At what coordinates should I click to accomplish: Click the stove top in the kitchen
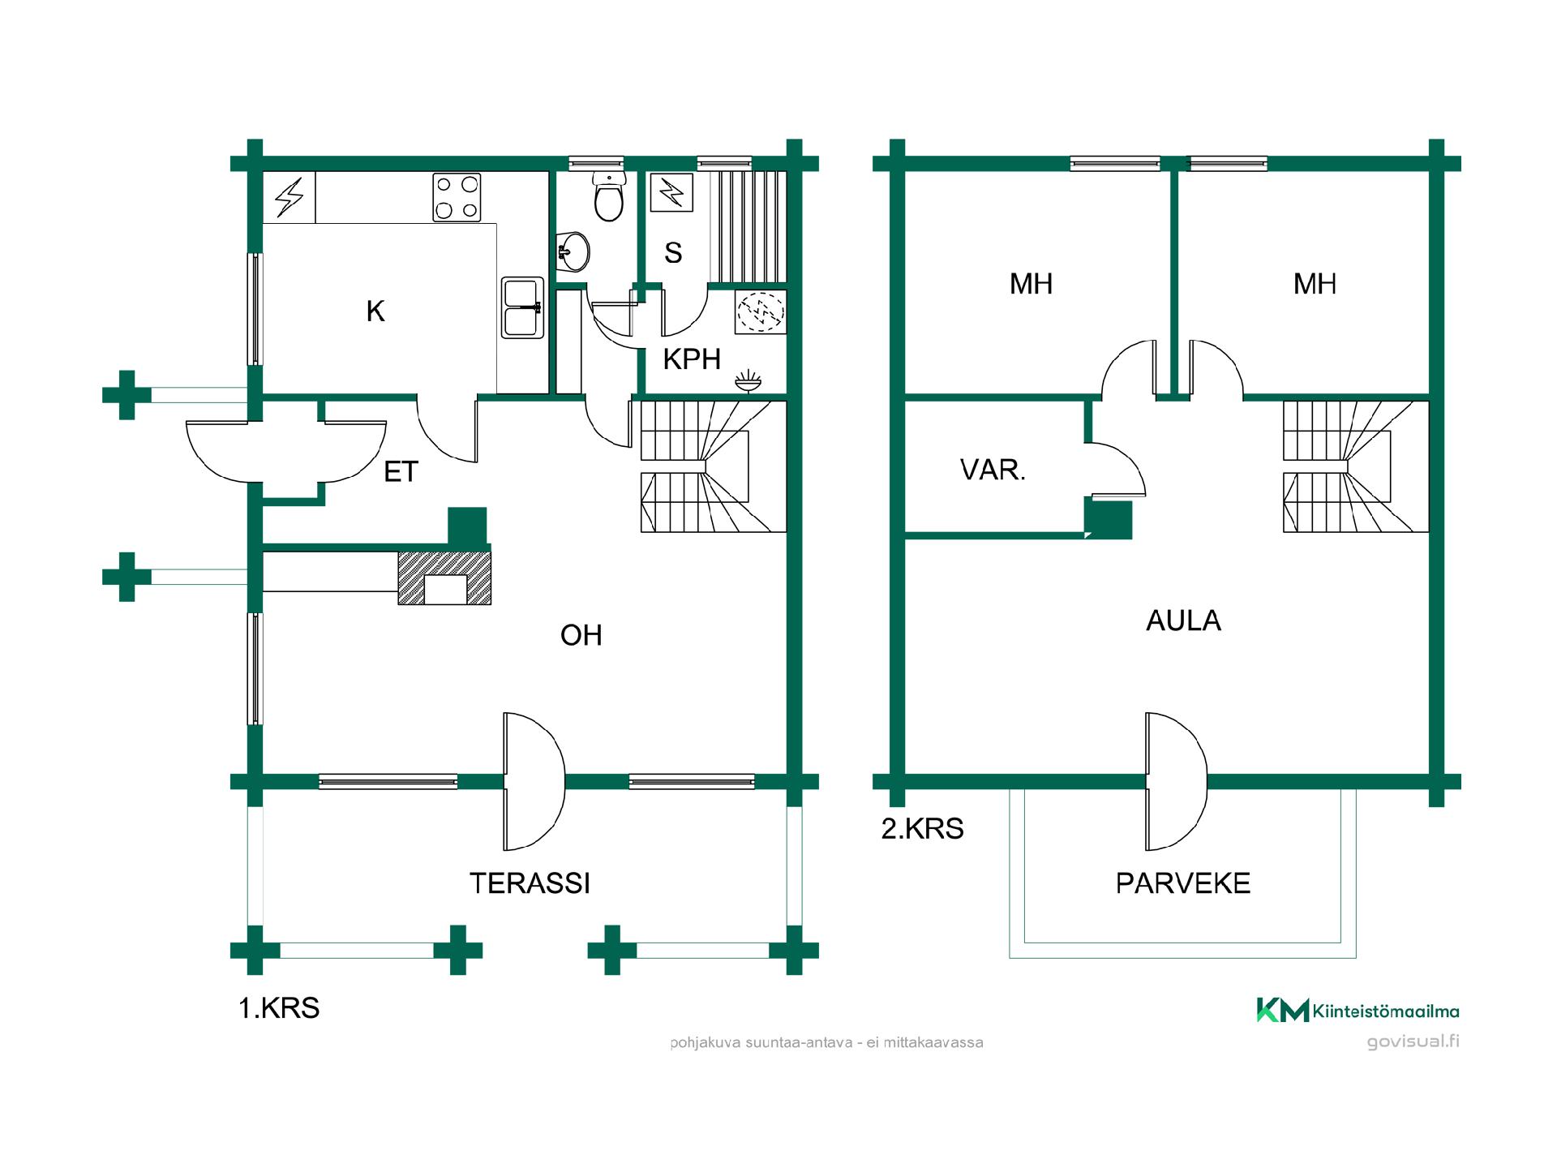click(x=457, y=197)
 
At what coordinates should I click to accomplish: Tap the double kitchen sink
click(x=522, y=307)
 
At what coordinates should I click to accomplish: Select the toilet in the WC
click(x=609, y=195)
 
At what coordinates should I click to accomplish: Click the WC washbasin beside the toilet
click(x=573, y=251)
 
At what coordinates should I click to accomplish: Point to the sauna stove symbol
click(x=671, y=192)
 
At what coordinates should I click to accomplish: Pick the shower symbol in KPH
click(x=761, y=312)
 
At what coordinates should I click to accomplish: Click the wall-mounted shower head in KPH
click(x=748, y=381)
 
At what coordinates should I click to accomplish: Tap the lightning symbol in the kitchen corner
click(x=289, y=197)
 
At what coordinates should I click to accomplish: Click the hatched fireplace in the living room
click(x=444, y=578)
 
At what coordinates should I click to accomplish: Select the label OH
click(x=581, y=635)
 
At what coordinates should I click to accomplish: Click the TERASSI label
click(x=530, y=883)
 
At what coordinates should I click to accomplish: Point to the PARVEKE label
click(x=1182, y=883)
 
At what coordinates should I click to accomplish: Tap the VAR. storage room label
click(x=993, y=470)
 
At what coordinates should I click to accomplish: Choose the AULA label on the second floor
click(x=1183, y=620)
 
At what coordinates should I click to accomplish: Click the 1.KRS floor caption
click(x=279, y=1008)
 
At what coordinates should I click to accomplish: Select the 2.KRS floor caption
click(x=922, y=829)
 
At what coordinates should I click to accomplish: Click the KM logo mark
click(x=1282, y=1010)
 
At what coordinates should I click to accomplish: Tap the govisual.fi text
click(x=1413, y=1041)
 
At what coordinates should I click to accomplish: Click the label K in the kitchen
click(x=375, y=311)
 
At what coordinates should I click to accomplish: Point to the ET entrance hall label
click(x=401, y=471)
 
